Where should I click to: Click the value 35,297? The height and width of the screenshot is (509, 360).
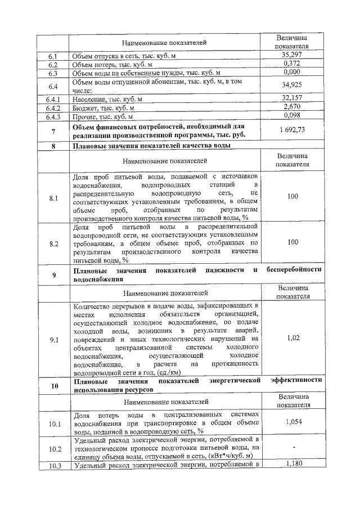click(292, 56)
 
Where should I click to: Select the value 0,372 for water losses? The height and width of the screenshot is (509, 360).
click(292, 65)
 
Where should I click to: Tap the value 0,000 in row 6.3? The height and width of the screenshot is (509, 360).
click(292, 73)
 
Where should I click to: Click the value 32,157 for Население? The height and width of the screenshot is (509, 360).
click(292, 99)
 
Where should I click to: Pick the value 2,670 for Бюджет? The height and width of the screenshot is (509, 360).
click(292, 107)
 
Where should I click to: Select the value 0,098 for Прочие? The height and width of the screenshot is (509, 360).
click(292, 116)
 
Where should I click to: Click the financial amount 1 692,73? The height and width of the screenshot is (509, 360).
click(292, 130)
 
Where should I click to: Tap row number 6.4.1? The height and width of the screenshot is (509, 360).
click(53, 100)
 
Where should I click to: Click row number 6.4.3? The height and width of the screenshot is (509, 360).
click(53, 117)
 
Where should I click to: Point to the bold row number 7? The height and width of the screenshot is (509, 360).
click(53, 132)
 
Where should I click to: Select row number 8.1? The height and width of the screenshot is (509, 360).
click(53, 199)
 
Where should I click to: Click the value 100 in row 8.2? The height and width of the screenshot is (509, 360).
click(292, 242)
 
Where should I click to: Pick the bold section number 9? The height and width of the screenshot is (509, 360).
click(53, 274)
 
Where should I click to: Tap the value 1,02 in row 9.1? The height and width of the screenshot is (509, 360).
click(292, 337)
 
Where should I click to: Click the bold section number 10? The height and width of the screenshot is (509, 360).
click(53, 386)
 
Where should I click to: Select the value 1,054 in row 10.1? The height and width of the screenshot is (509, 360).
click(292, 422)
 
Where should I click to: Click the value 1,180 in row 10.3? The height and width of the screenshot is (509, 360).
click(292, 463)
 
